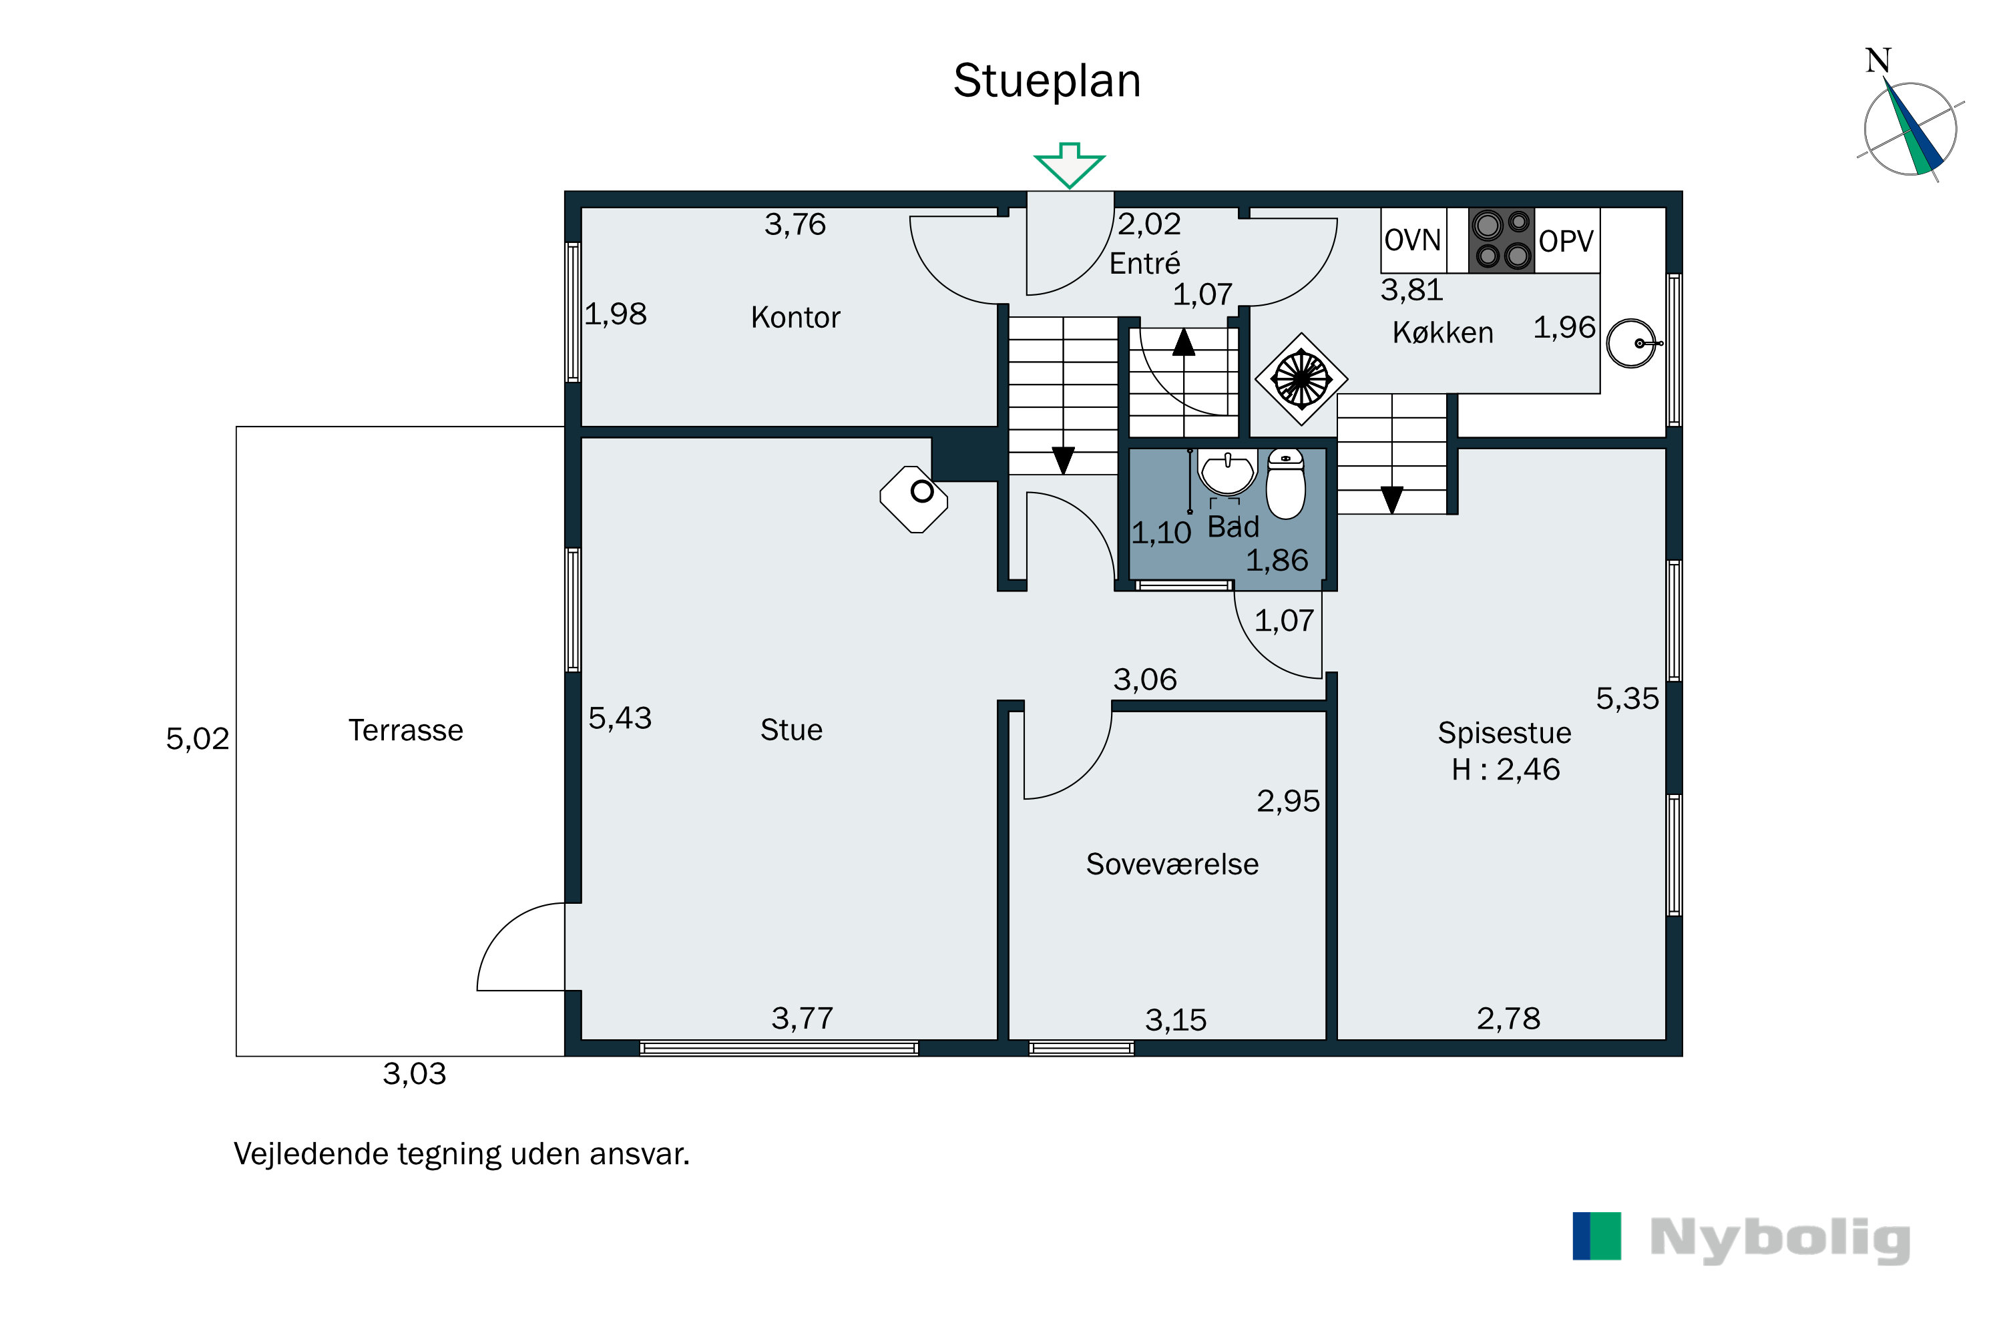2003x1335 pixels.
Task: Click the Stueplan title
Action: coord(1047,81)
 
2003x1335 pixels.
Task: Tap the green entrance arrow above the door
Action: coord(1069,165)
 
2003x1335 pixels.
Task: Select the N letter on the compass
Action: coord(1877,61)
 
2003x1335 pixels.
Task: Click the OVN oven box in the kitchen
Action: coord(1413,240)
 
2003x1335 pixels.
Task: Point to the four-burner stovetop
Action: coord(1502,240)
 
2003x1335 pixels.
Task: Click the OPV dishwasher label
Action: coord(1565,241)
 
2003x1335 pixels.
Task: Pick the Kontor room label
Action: coord(795,318)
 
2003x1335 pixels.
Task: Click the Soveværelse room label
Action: coord(1172,864)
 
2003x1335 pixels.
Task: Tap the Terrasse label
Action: coord(405,730)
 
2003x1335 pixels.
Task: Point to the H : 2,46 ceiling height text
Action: coord(1505,770)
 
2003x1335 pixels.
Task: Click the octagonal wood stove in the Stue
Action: coord(914,499)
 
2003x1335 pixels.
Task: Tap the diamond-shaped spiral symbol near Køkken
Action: coord(1301,379)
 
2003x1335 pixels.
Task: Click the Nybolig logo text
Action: coord(1780,1240)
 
